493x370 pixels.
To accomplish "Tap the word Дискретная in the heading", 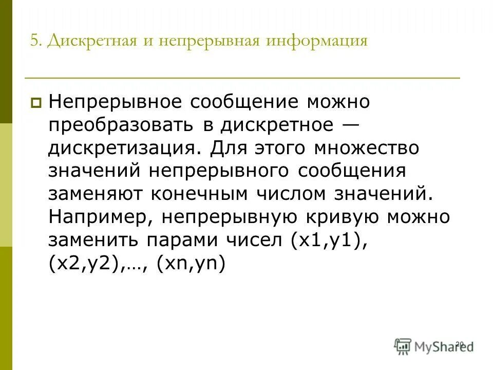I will click(88, 41).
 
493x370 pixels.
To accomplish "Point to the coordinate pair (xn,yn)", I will click(191, 264).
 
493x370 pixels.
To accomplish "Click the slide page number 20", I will click(460, 344).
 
